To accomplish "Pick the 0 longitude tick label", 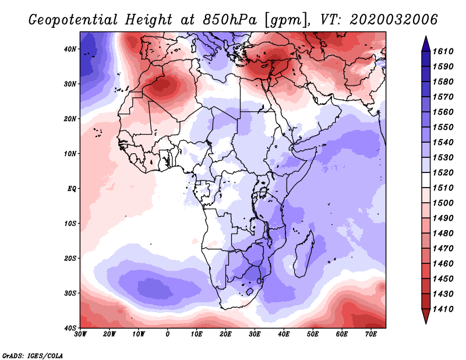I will click(x=168, y=335).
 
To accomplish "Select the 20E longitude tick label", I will click(x=226, y=335).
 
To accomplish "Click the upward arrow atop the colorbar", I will click(x=426, y=42).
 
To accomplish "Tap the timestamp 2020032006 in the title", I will click(x=394, y=20).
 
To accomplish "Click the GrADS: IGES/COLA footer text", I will click(x=33, y=355).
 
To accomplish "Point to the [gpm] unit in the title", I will click(x=284, y=20).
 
